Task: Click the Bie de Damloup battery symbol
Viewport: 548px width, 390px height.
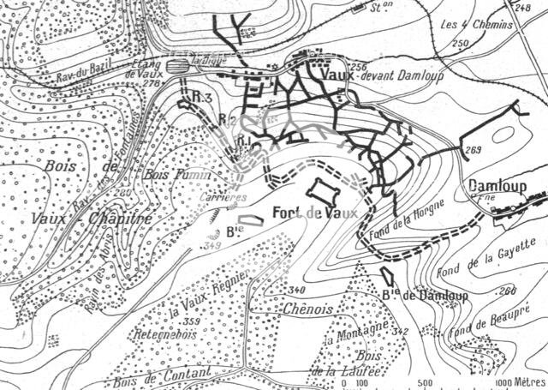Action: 389,276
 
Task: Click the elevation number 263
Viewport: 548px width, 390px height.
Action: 474,151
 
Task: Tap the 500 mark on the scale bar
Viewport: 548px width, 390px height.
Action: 426,381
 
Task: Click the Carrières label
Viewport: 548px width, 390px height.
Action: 227,197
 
